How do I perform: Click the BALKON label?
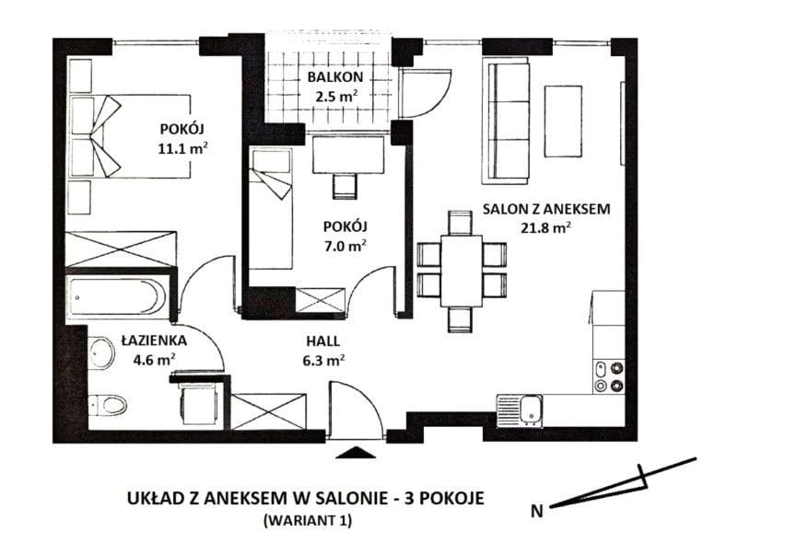[x=335, y=77]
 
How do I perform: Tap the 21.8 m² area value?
[x=545, y=227]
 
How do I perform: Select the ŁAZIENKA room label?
[x=154, y=341]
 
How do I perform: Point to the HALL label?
[x=322, y=341]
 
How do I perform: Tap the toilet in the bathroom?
[x=109, y=405]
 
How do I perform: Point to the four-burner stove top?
[x=609, y=376]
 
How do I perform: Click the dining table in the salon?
[x=461, y=271]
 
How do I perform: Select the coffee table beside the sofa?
[x=563, y=121]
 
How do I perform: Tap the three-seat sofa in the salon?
[x=506, y=121]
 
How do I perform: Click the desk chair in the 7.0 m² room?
[x=345, y=187]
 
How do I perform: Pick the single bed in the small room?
[x=271, y=208]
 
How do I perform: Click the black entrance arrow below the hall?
[x=356, y=452]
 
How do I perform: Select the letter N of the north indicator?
[x=536, y=511]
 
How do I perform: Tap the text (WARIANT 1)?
[x=308, y=521]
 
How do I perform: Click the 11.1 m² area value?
[x=182, y=148]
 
